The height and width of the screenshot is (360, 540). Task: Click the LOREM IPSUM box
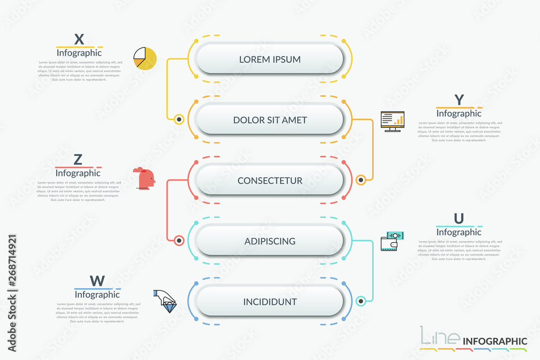[270, 59]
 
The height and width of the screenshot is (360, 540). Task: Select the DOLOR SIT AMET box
[270, 119]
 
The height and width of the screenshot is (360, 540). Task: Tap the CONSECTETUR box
[270, 180]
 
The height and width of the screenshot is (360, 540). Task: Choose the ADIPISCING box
[270, 241]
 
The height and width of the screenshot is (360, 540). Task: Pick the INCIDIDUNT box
[270, 301]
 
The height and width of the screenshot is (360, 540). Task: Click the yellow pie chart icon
[145, 58]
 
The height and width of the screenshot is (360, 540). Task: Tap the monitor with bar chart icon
[392, 121]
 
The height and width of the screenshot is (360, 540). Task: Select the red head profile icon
[145, 178]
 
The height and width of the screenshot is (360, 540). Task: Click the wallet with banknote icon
[392, 241]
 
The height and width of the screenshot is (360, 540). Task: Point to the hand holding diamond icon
[165, 301]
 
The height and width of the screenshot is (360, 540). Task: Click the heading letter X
[79, 39]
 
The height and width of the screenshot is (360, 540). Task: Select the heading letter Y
[459, 100]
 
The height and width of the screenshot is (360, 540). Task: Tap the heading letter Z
[78, 160]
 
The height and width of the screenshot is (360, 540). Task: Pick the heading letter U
[458, 219]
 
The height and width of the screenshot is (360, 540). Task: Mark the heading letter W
[97, 281]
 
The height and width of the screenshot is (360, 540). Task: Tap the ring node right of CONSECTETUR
[361, 180]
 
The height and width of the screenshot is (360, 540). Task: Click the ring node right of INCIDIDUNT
[361, 301]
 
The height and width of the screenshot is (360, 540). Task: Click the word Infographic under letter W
[97, 295]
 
